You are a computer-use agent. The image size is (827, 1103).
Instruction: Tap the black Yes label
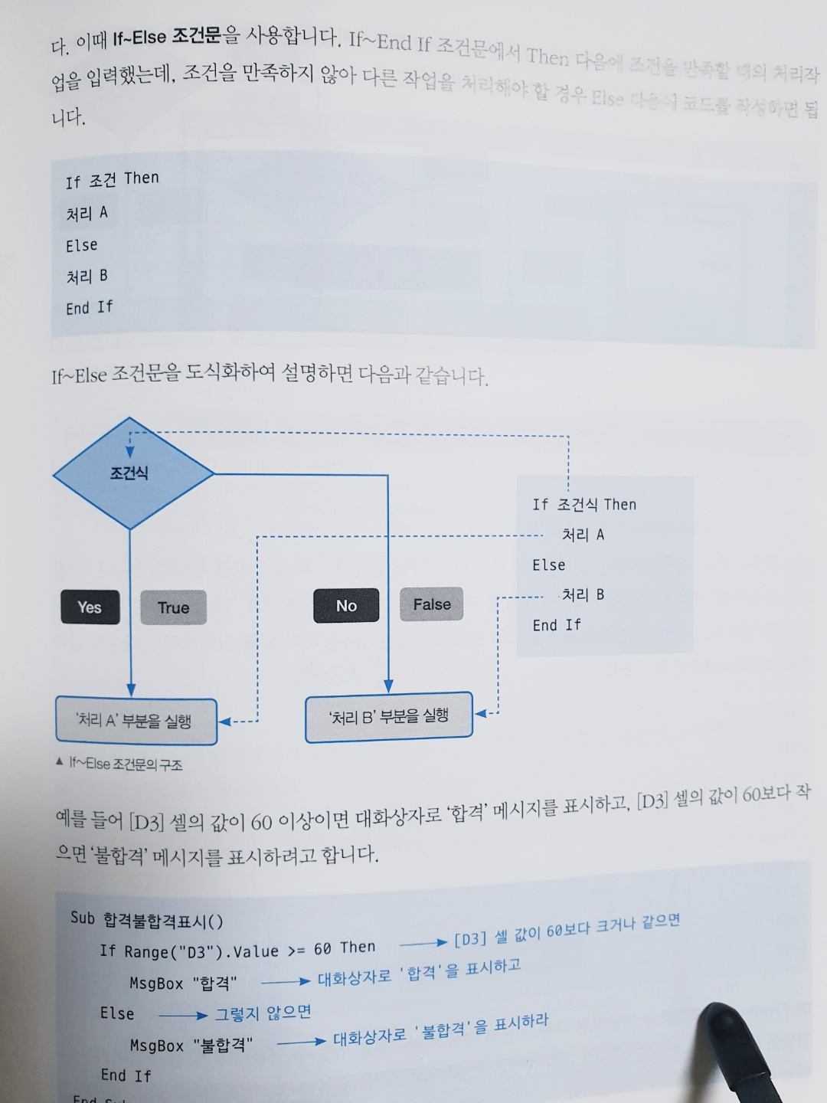(90, 607)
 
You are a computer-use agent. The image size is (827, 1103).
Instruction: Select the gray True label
(173, 607)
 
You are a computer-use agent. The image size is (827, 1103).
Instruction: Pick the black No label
(346, 606)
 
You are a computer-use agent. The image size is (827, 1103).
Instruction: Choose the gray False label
(432, 604)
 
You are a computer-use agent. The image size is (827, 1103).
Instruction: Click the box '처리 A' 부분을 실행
(136, 721)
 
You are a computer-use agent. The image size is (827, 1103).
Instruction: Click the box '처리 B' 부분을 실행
(389, 717)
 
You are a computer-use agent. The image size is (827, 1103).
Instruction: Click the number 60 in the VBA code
(322, 949)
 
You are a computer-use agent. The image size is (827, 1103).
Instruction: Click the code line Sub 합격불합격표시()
(147, 919)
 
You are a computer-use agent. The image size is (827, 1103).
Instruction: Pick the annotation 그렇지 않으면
(263, 1013)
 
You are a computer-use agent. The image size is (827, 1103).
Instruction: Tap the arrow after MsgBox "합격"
(285, 981)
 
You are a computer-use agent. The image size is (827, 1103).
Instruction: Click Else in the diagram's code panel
(549, 565)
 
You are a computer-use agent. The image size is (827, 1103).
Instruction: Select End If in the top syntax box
(89, 308)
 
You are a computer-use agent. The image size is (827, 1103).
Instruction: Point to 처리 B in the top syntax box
(87, 277)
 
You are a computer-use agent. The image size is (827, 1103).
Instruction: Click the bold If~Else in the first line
(139, 38)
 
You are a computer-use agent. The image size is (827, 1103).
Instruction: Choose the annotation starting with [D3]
(567, 930)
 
